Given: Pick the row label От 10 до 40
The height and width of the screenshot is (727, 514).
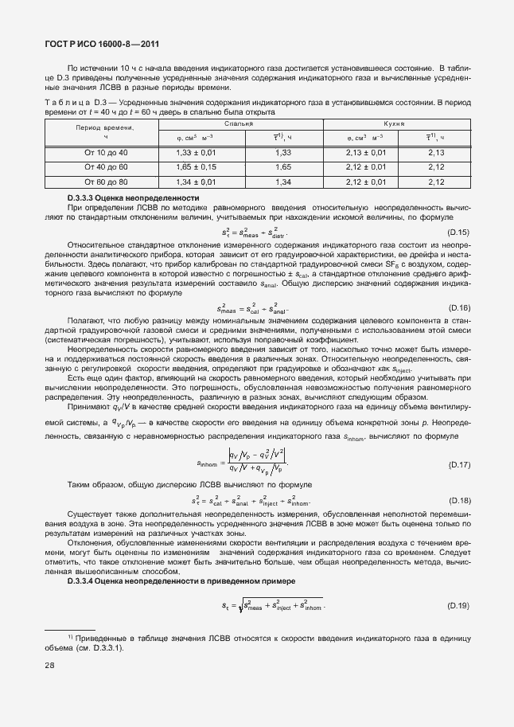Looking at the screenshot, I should click(x=106, y=152).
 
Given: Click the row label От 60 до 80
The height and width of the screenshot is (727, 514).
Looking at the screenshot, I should click(x=106, y=182).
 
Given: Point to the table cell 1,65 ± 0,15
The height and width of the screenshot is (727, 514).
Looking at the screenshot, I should click(x=195, y=167).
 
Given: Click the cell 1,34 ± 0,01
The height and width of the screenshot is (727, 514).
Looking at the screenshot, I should click(x=195, y=182).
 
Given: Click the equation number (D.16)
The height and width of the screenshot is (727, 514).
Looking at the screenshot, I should click(x=458, y=308).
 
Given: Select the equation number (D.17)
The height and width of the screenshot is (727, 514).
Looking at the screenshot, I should click(x=458, y=464).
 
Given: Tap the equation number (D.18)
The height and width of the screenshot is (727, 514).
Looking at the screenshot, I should click(x=458, y=501).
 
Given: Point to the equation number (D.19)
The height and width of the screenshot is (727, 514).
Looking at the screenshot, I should click(x=458, y=607).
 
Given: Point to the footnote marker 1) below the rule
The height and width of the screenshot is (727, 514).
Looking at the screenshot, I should click(x=71, y=636).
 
